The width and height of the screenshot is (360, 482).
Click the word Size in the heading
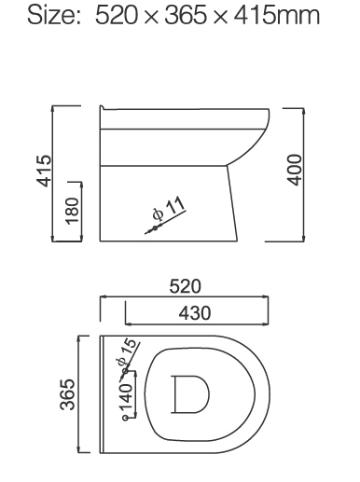[x=53, y=16]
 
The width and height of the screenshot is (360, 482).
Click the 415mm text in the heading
[x=276, y=16]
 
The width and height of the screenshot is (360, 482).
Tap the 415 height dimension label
[x=44, y=171]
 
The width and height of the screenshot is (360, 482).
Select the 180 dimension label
[x=72, y=211]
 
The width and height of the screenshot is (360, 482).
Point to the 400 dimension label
[x=295, y=170]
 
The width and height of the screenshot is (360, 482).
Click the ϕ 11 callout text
[x=169, y=208]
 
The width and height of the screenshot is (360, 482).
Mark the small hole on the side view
[x=155, y=228]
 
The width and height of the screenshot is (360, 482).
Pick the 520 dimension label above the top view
[x=185, y=286]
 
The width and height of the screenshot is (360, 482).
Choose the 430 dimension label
[x=195, y=312]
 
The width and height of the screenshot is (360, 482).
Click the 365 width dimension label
[x=67, y=394]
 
